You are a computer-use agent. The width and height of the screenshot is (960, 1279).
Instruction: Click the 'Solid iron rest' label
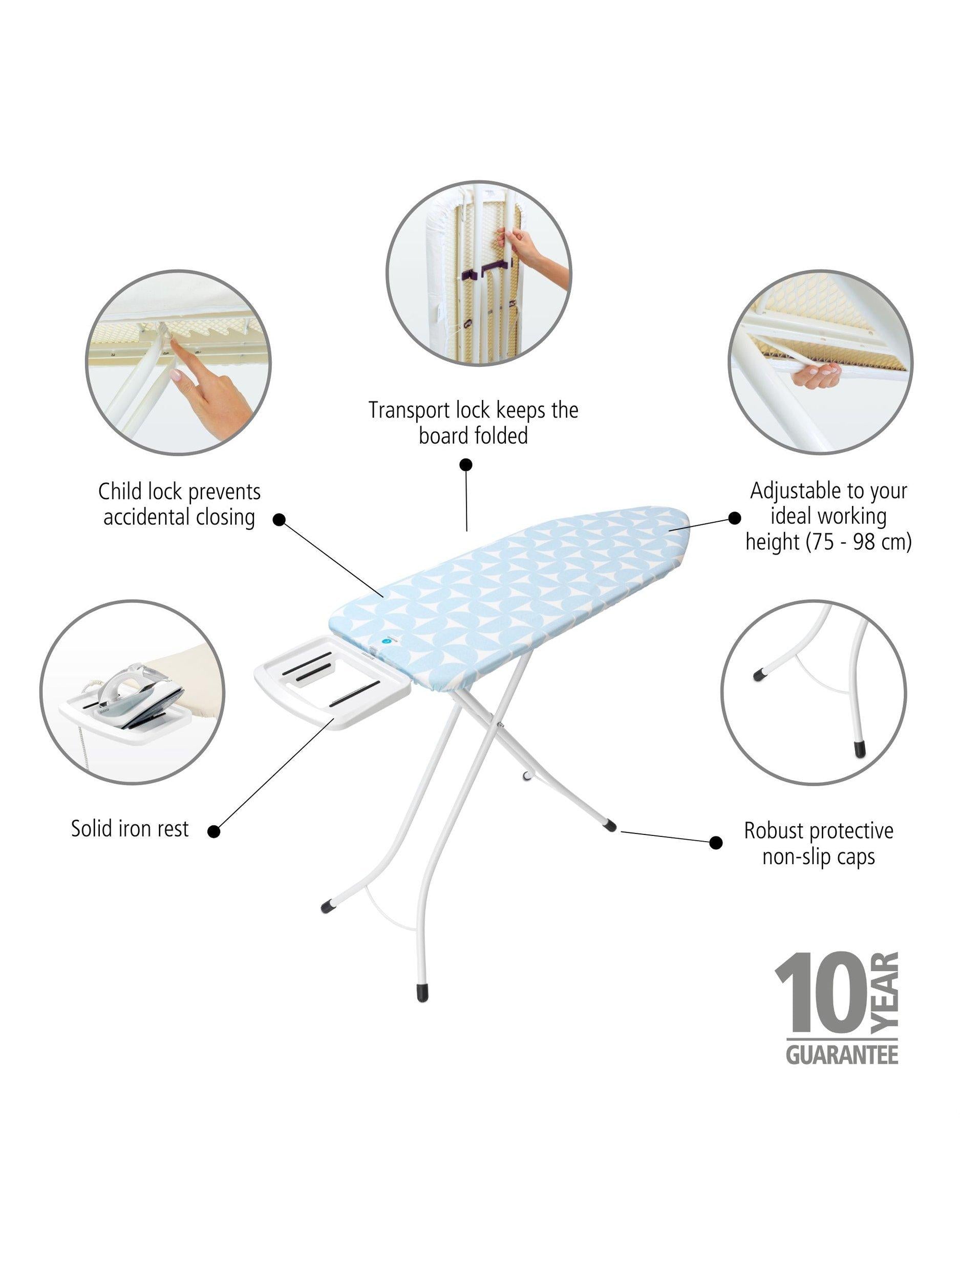pyautogui.click(x=130, y=829)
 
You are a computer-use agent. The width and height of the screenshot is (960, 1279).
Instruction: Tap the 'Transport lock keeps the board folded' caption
pyautogui.click(x=474, y=423)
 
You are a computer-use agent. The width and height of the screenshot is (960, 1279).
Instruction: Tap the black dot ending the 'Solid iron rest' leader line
pyautogui.click(x=214, y=831)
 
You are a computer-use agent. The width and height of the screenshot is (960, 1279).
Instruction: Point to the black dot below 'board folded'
pyautogui.click(x=466, y=465)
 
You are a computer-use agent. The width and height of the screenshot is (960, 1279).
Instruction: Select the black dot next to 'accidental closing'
pyautogui.click(x=280, y=519)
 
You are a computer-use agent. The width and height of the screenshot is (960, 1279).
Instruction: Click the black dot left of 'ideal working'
pyautogui.click(x=734, y=518)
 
